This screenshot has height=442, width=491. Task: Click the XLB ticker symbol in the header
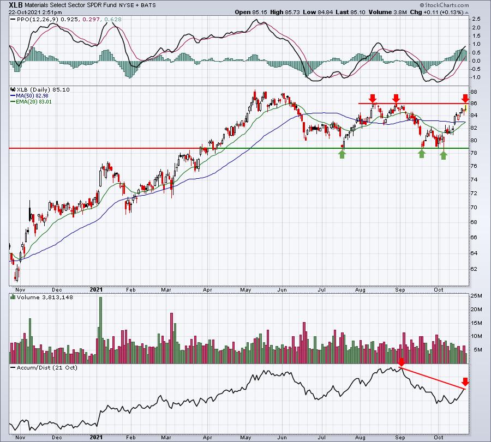[16, 5]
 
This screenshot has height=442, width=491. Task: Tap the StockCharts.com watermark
[444, 5]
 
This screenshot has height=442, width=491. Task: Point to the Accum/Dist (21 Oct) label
[47, 367]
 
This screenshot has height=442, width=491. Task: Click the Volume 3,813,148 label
[45, 297]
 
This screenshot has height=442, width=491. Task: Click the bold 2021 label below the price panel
[96, 289]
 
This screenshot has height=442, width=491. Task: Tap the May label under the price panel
[245, 289]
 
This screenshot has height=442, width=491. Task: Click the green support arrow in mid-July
[342, 154]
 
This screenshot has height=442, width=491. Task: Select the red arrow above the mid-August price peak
[372, 98]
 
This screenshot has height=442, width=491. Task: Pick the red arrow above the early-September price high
[396, 98]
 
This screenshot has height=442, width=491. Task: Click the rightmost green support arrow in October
[443, 155]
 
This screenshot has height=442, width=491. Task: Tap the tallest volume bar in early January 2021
[100, 330]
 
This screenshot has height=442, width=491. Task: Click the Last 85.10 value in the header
[350, 12]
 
